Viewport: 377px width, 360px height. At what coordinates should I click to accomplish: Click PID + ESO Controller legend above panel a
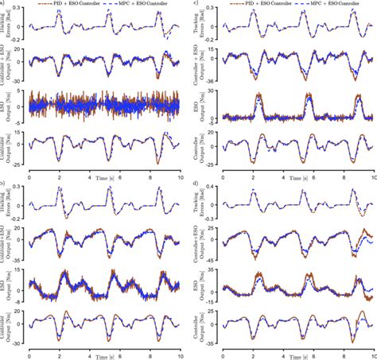pyautogui.click(x=75, y=4)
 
